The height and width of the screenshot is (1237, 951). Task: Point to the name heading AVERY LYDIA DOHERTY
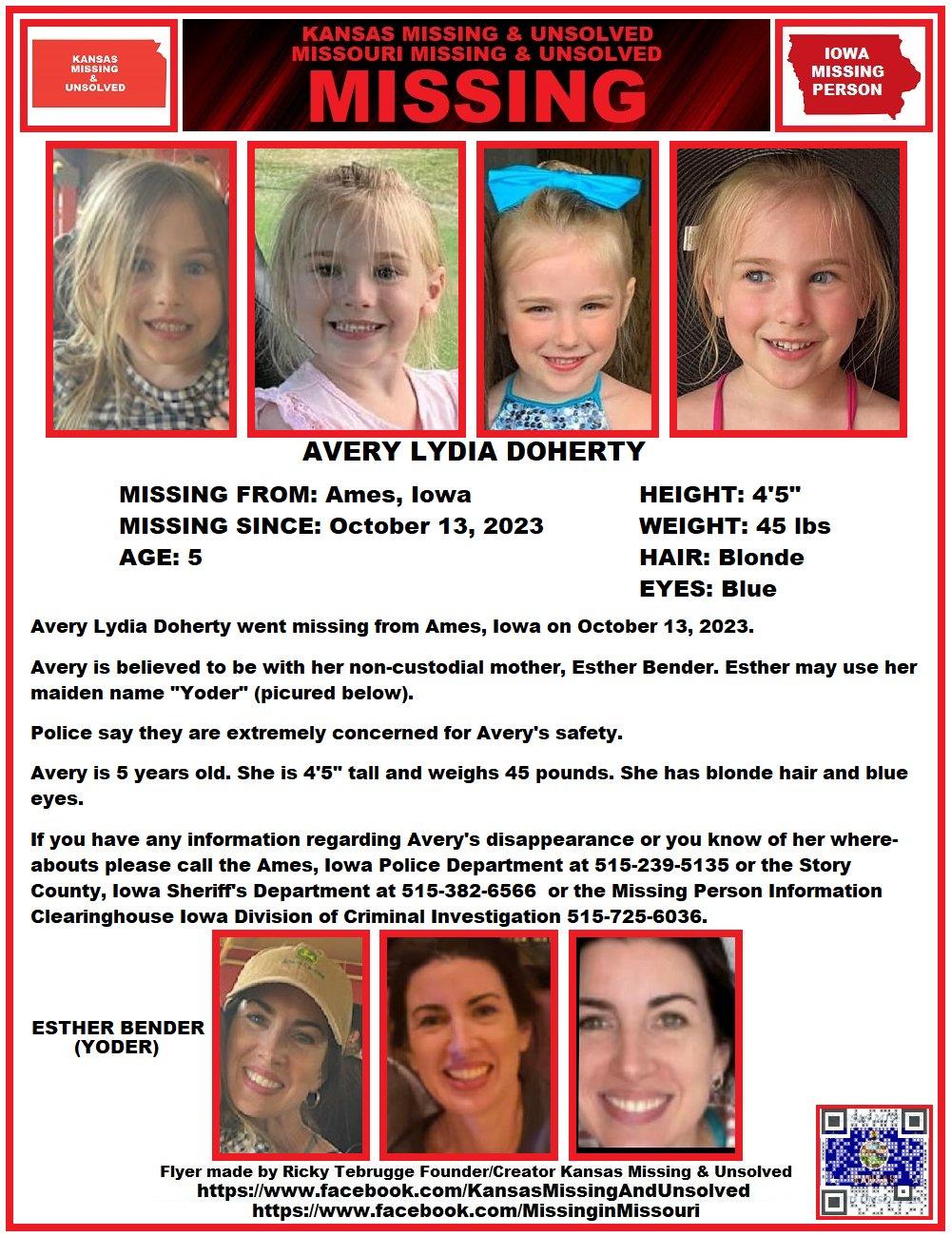(474, 451)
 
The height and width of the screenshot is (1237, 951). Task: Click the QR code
(873, 1161)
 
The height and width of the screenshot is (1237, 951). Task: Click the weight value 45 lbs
(793, 526)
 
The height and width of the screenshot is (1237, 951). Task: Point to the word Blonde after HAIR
(761, 558)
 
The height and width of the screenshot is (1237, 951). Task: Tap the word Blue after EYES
(748, 589)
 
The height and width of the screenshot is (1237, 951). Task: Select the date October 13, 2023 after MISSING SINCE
(437, 526)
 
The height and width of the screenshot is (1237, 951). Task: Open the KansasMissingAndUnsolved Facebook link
(473, 1190)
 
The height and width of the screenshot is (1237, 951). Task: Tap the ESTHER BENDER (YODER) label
(118, 1037)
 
